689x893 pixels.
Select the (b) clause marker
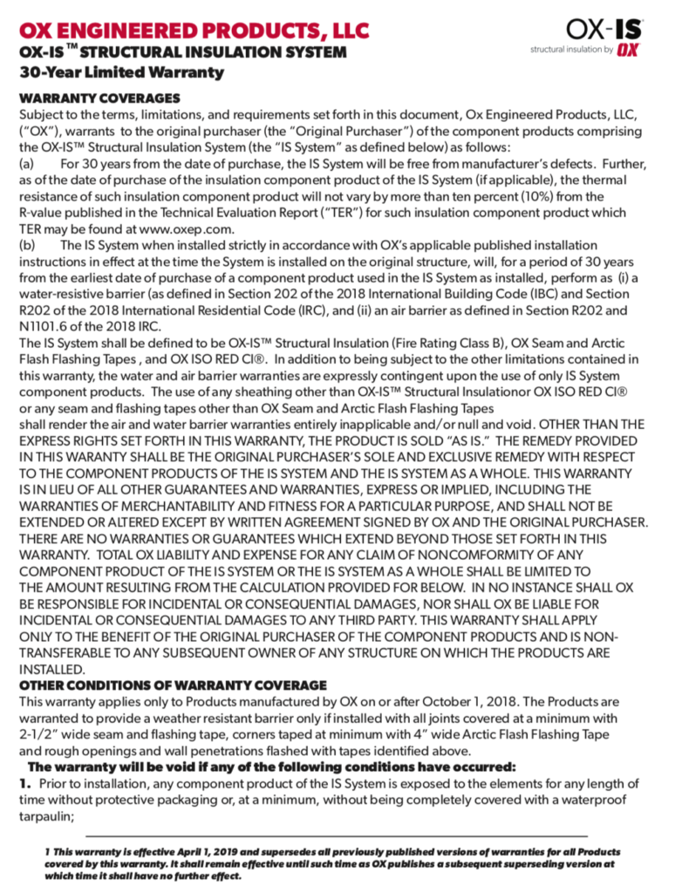[27, 245]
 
